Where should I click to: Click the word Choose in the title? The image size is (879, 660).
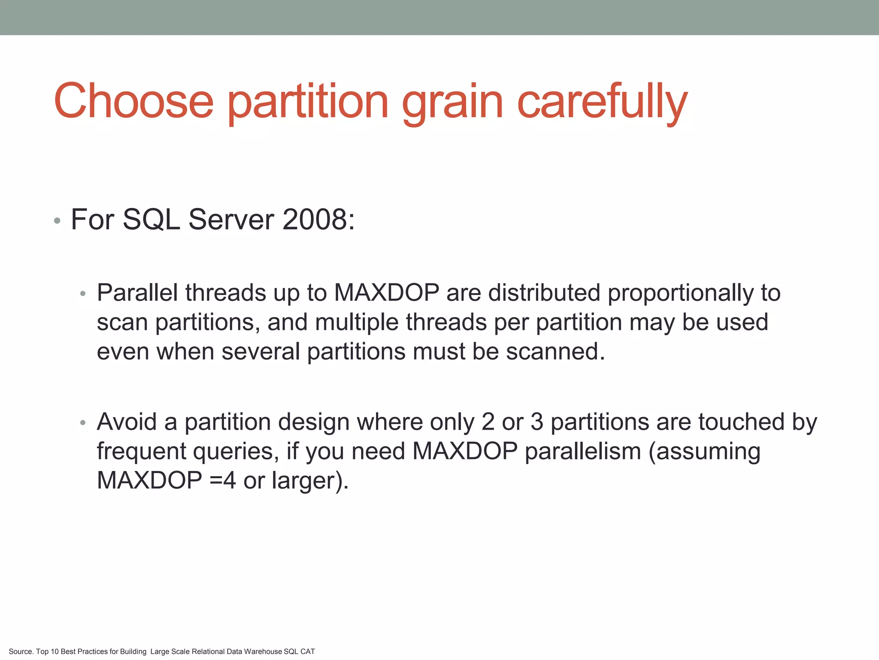pyautogui.click(x=133, y=101)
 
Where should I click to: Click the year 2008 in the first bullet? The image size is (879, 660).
pyautogui.click(x=318, y=220)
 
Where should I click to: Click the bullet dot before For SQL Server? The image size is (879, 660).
pyautogui.click(x=57, y=222)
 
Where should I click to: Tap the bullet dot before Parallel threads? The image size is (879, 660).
pyautogui.click(x=83, y=294)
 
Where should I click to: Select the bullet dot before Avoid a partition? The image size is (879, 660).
pyautogui.click(x=83, y=423)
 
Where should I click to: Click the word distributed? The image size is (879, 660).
pyautogui.click(x=544, y=293)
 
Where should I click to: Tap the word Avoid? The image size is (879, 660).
pyautogui.click(x=127, y=422)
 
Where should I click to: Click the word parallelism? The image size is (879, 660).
pyautogui.click(x=582, y=451)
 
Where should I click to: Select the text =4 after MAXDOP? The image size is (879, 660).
pyautogui.click(x=223, y=480)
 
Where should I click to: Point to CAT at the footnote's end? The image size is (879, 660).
pyautogui.click(x=308, y=651)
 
